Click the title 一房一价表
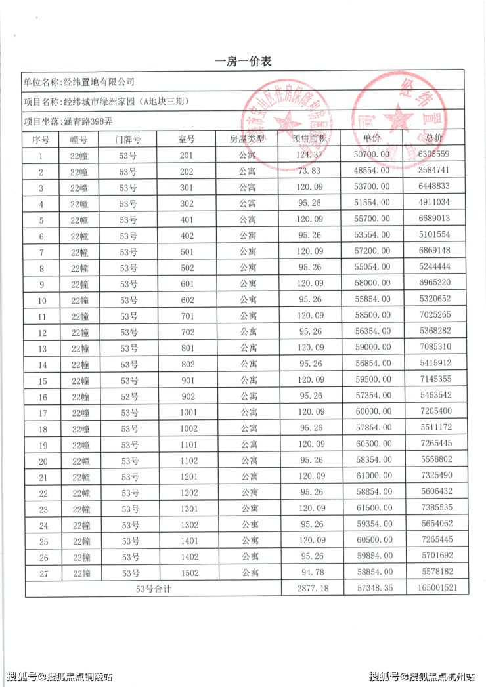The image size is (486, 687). [x=243, y=62]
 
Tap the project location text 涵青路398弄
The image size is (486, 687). [x=68, y=121]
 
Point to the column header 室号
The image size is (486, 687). [x=187, y=139]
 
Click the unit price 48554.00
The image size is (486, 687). [x=372, y=171]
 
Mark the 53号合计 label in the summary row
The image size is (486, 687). [x=153, y=589]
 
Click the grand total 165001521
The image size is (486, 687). [x=436, y=589]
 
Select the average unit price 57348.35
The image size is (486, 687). [x=372, y=589]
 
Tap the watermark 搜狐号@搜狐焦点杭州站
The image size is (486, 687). [x=424, y=676]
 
